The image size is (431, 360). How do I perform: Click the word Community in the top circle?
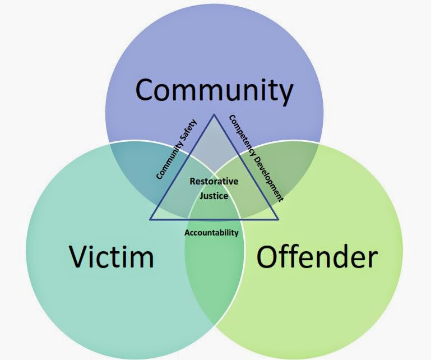(x=214, y=90)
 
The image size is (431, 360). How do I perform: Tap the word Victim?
(x=112, y=257)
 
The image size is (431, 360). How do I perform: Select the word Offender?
(x=317, y=257)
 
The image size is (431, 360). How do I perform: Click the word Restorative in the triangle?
(x=214, y=182)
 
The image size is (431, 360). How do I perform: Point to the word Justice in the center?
(x=214, y=196)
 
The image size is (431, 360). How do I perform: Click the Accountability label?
(x=211, y=232)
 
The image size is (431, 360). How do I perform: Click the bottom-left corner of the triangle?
(x=150, y=219)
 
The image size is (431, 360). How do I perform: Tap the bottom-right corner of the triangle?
(x=277, y=219)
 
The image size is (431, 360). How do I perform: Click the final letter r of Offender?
(x=372, y=259)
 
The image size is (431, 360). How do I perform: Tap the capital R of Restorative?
(x=193, y=182)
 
